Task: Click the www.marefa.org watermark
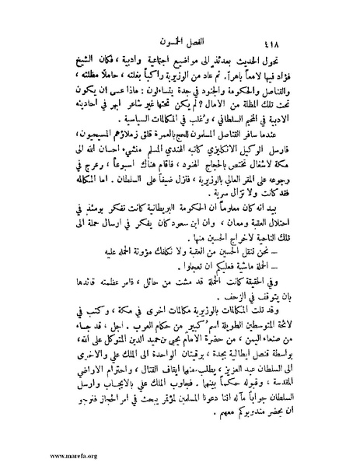coord(31,457)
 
